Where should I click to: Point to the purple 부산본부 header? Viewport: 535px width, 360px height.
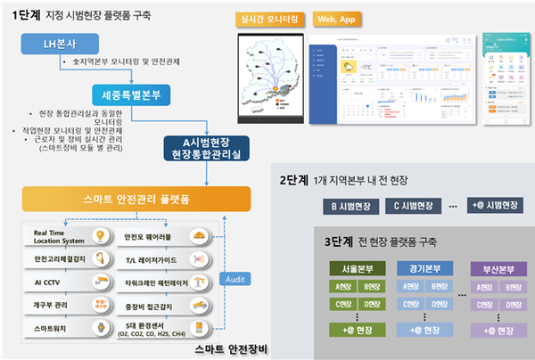coord(498,267)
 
